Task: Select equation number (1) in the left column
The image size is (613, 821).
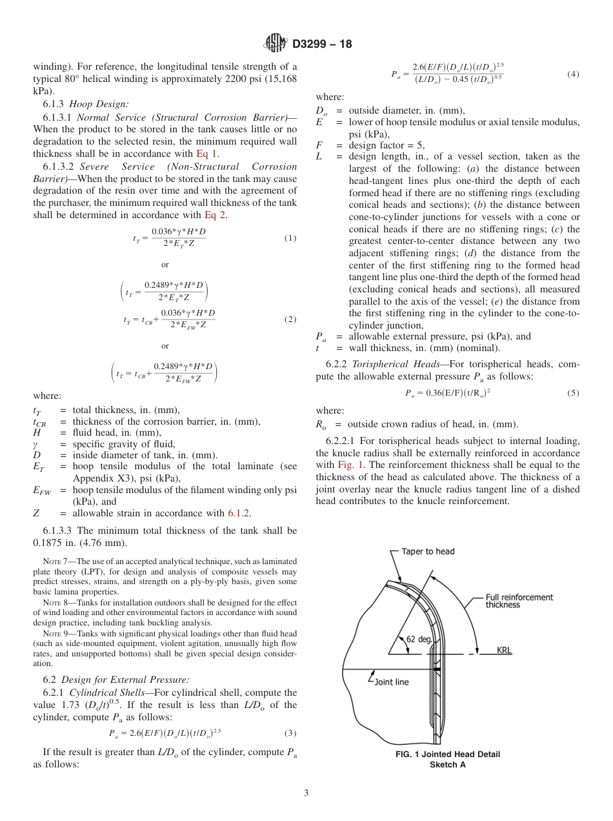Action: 290,238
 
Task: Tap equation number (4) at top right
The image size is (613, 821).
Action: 573,74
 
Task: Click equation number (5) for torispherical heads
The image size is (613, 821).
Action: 573,392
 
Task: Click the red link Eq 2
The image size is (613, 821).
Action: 215,215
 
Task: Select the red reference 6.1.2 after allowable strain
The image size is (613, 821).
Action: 239,513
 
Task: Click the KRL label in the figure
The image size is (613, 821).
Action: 504,651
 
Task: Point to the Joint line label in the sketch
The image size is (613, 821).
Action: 392,681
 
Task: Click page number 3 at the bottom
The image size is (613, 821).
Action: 306,793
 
